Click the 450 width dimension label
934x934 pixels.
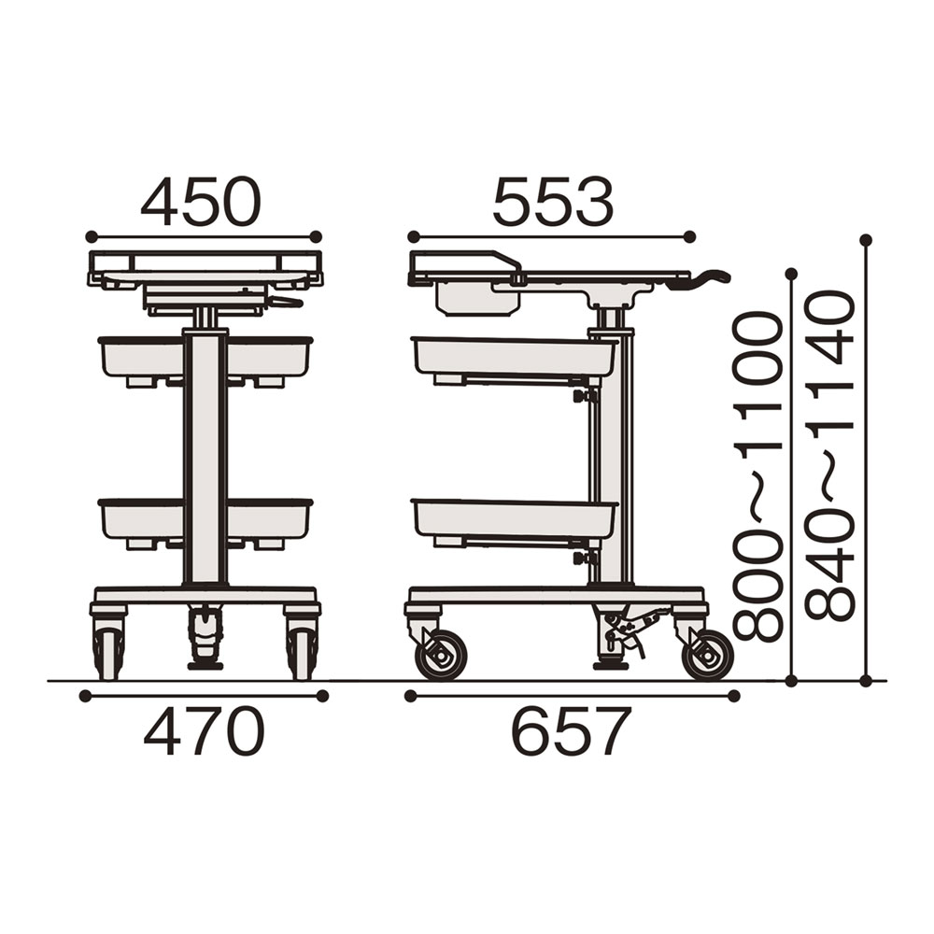coord(202,202)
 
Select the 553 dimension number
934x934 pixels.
coord(553,202)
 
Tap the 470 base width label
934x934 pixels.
coord(204,731)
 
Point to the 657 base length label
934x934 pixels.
coord(572,731)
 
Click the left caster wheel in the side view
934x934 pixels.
coord(440,656)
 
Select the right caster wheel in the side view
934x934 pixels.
coord(708,656)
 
